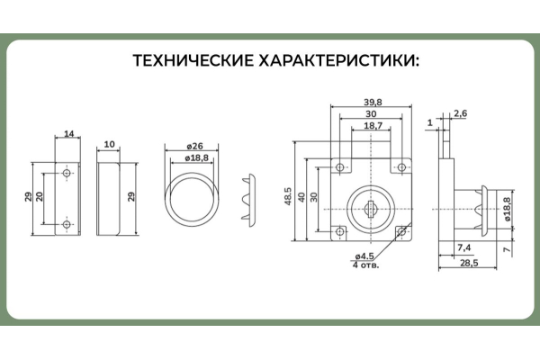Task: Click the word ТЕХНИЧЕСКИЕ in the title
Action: coord(192,61)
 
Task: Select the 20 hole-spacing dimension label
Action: coord(40,197)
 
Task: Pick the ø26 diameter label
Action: coord(190,146)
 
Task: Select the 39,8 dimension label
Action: coord(371,103)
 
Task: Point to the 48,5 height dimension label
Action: coord(288,196)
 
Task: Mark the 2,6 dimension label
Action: coord(460,113)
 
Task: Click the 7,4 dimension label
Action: coord(463,246)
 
